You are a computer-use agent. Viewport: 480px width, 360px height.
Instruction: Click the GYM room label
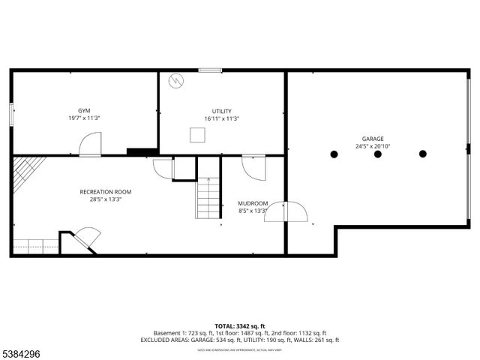click(x=84, y=110)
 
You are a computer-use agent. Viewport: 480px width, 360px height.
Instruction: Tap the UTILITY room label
click(x=221, y=111)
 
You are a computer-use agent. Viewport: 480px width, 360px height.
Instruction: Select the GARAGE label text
click(x=373, y=139)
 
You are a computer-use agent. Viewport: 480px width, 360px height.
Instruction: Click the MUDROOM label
click(x=253, y=203)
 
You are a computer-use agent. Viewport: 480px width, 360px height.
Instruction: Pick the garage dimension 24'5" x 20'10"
click(x=373, y=146)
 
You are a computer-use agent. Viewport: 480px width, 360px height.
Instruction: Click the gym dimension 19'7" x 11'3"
click(x=84, y=118)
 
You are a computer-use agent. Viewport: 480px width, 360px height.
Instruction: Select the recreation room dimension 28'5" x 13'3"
click(x=106, y=199)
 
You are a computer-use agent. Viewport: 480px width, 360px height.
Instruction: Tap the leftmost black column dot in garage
click(x=334, y=154)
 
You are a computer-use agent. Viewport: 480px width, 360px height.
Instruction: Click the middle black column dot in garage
click(x=378, y=154)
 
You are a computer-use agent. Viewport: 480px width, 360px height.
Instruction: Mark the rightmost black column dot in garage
click(x=422, y=154)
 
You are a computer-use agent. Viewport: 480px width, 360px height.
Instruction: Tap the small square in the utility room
click(x=198, y=135)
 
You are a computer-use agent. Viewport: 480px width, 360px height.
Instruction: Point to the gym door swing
click(x=91, y=145)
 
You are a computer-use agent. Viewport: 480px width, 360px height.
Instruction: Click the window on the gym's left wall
click(x=11, y=114)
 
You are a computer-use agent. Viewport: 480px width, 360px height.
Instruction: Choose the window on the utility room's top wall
click(x=210, y=70)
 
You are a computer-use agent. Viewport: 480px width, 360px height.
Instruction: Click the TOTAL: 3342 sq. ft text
click(x=240, y=325)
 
